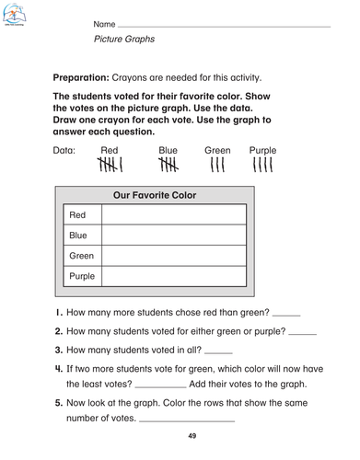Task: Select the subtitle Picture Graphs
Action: pyautogui.click(x=124, y=40)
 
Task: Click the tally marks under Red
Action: pyautogui.click(x=110, y=166)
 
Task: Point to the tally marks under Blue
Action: pyautogui.click(x=168, y=166)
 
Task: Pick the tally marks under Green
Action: pyautogui.click(x=217, y=166)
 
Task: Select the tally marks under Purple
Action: pyautogui.click(x=262, y=166)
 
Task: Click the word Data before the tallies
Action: pyautogui.click(x=64, y=149)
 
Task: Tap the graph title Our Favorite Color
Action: pyautogui.click(x=154, y=196)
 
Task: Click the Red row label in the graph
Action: pyautogui.click(x=77, y=214)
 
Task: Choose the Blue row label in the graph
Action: pyautogui.click(x=77, y=235)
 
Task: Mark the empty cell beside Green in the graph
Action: pyautogui.click(x=173, y=255)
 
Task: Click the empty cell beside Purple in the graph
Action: pyautogui.click(x=173, y=275)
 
